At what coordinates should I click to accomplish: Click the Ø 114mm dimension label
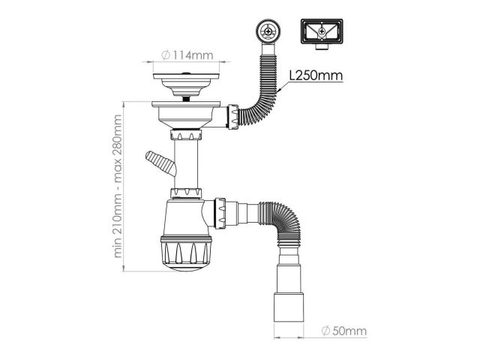pyautogui.click(x=187, y=55)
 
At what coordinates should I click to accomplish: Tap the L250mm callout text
pyautogui.click(x=316, y=75)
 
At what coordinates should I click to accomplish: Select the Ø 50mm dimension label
pyautogui.click(x=344, y=331)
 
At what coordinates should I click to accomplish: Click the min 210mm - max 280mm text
pyautogui.click(x=118, y=186)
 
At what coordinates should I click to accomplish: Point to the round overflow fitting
pyautogui.click(x=268, y=31)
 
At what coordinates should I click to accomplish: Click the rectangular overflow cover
pyautogui.click(x=322, y=31)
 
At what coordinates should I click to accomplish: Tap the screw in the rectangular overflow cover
pyautogui.click(x=322, y=31)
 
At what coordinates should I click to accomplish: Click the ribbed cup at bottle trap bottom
pyautogui.click(x=186, y=253)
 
